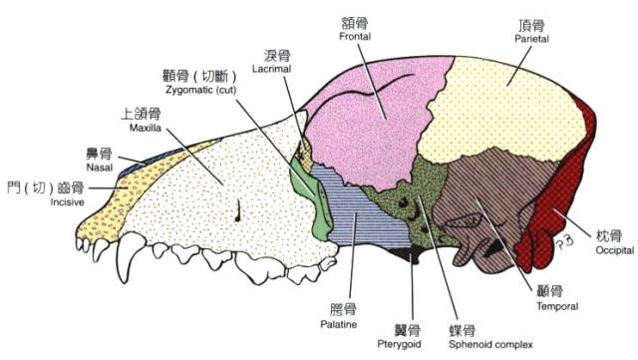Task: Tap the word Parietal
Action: point(531,36)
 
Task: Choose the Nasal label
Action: point(99,168)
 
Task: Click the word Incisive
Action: point(67,202)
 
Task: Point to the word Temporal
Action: point(556,306)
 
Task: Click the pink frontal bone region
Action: point(369,120)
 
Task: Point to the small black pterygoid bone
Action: point(406,256)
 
